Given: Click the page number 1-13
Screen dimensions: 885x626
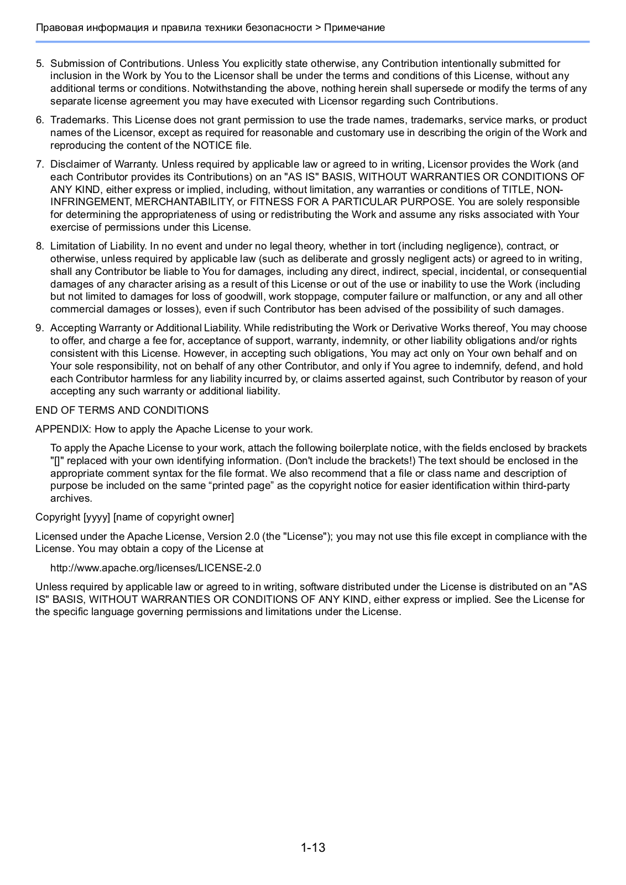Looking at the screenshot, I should (x=313, y=847).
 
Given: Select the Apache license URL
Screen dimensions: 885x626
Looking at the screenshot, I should (x=155, y=568).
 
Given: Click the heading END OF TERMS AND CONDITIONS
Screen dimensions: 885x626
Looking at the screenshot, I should (x=122, y=410).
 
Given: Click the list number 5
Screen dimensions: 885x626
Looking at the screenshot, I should (x=40, y=64).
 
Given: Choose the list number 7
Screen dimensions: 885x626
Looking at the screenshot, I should (x=40, y=164).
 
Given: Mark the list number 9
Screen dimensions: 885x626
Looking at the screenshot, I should (x=40, y=328).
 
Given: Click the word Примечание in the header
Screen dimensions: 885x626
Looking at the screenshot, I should (x=354, y=28).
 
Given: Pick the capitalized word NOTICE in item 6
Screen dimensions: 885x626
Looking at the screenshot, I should (x=212, y=145).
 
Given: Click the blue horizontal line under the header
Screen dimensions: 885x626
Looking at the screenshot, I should (x=312, y=41).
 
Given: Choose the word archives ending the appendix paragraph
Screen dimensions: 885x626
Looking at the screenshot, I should (x=71, y=498).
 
